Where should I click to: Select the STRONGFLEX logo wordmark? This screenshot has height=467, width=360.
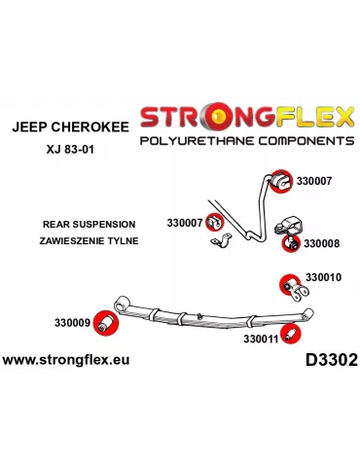click(x=246, y=118)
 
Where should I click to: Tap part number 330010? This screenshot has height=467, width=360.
click(x=323, y=277)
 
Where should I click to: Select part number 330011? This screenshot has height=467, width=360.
click(x=261, y=340)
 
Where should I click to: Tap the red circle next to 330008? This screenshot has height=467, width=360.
click(x=288, y=242)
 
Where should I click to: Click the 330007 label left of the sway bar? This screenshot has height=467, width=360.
click(x=184, y=223)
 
